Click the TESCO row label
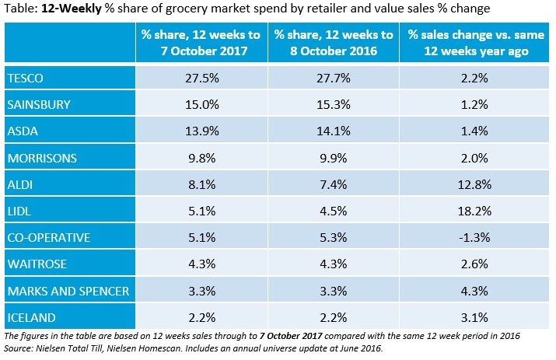[x=25, y=79]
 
